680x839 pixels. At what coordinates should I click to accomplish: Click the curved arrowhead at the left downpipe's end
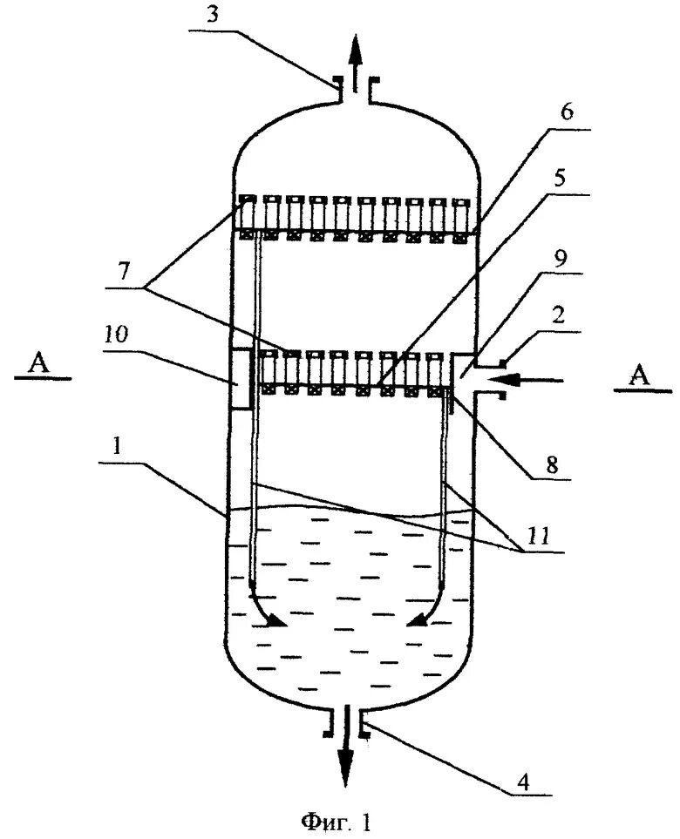pos(275,620)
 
